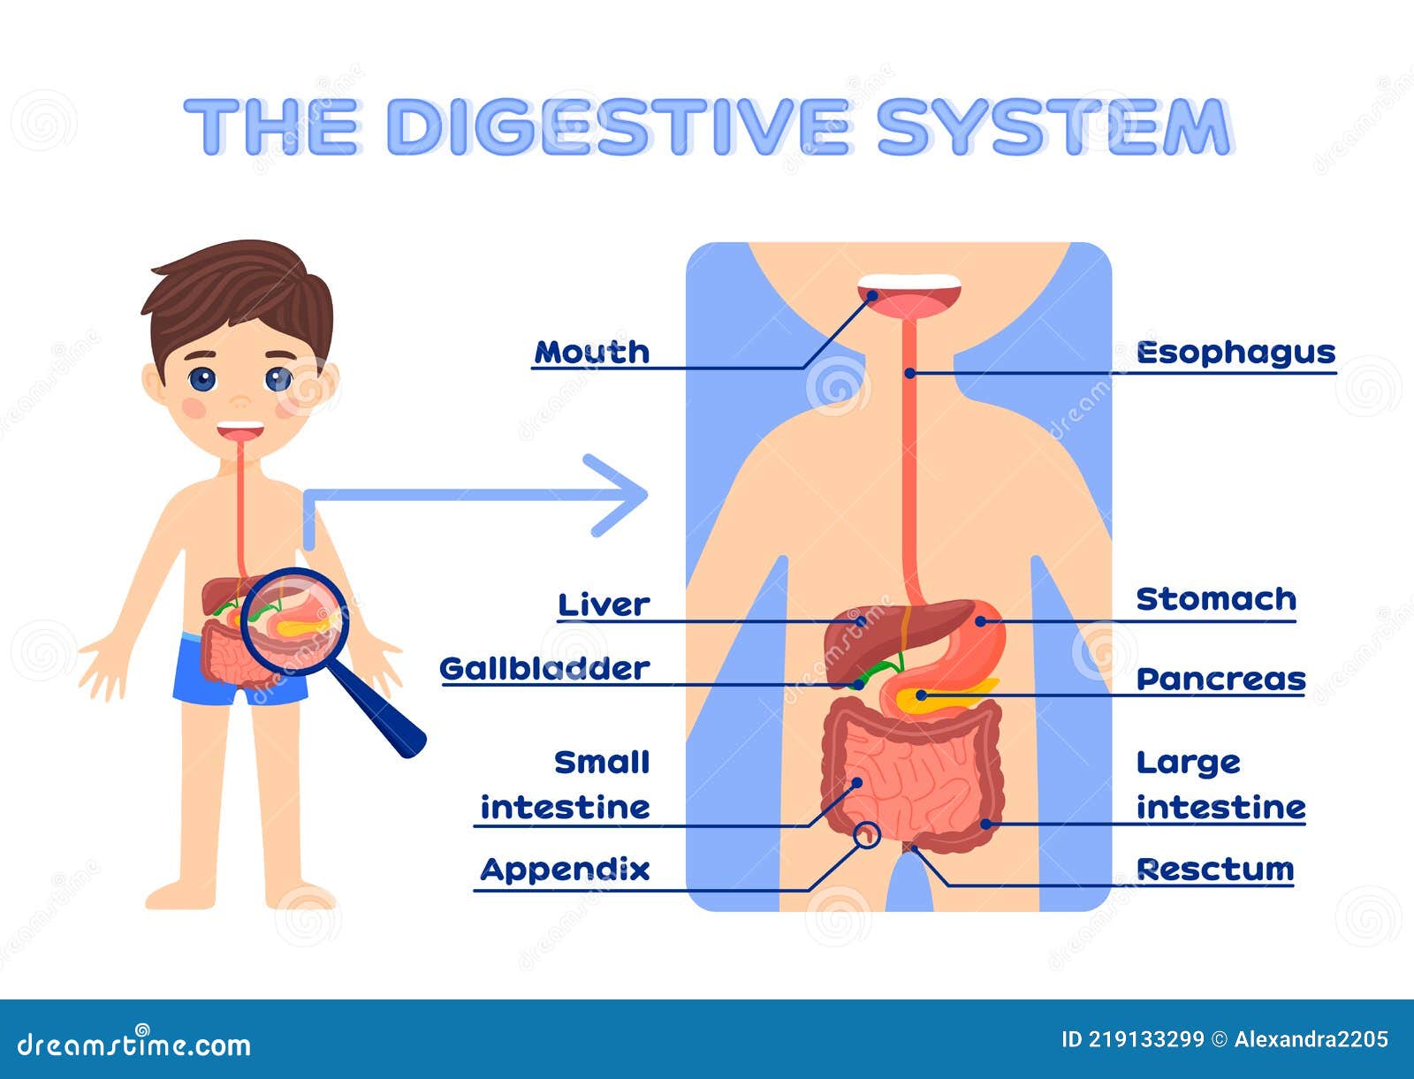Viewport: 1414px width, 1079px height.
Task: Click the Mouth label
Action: tap(592, 352)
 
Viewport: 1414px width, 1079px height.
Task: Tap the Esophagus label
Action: tap(1235, 353)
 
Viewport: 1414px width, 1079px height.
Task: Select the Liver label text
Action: tap(604, 605)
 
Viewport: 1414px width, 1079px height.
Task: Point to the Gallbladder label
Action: tap(544, 669)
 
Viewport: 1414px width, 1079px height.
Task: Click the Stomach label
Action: tap(1215, 599)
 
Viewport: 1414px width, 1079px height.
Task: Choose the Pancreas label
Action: tap(1220, 679)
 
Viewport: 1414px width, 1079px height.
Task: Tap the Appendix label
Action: tap(565, 870)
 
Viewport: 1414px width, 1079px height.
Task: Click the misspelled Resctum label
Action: tap(1214, 870)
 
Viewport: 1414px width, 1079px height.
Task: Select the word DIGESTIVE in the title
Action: tap(617, 127)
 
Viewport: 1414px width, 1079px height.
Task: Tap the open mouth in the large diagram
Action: tap(908, 297)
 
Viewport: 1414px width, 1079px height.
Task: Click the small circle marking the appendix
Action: tap(868, 833)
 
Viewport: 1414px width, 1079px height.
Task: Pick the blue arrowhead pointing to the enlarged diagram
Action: tap(623, 495)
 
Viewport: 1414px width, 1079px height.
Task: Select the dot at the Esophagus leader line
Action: tap(909, 373)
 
